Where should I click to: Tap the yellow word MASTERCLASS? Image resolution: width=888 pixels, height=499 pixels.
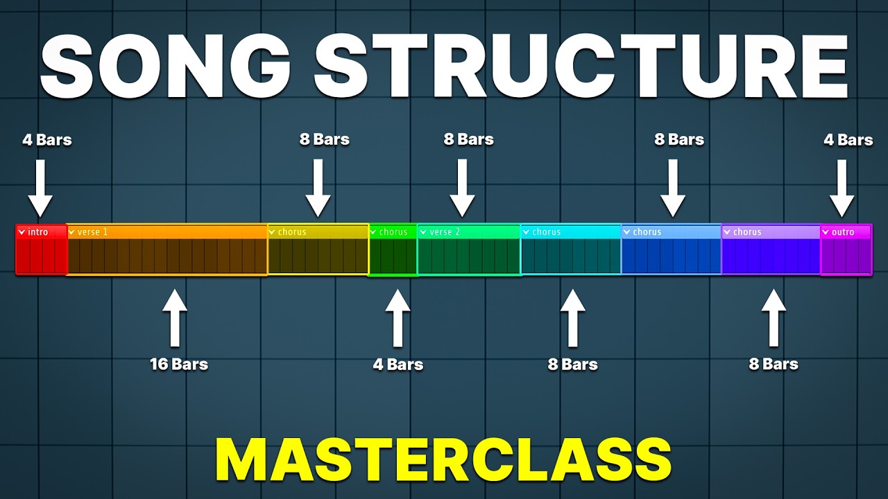coord(443,459)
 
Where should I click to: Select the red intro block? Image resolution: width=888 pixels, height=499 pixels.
coord(41,250)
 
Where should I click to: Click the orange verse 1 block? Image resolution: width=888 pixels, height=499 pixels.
coord(167,250)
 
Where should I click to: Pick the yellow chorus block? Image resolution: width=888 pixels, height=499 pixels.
coord(318,250)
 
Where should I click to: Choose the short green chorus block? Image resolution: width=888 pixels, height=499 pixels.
coord(393,250)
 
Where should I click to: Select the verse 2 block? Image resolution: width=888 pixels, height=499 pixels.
coord(469,250)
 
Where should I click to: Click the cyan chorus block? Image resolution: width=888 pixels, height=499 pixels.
coord(571,250)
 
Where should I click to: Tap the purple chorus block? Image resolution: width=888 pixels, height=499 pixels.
coord(771,250)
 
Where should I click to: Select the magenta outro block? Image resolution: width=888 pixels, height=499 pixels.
coord(846,250)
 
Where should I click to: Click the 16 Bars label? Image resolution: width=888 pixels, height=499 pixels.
coord(179,364)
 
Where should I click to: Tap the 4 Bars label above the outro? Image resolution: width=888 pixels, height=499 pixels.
coord(848,140)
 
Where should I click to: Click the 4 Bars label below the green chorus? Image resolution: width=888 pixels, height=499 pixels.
coord(398,365)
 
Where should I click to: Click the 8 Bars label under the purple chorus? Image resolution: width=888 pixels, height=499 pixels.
coord(774,364)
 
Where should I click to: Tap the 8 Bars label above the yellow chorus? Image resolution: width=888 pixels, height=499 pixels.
coord(325,140)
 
